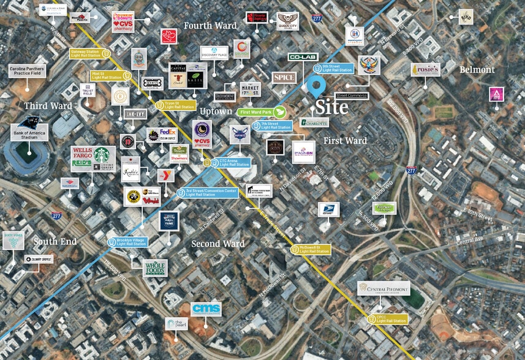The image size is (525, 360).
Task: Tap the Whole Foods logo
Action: (155, 268)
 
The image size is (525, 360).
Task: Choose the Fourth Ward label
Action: (210, 26)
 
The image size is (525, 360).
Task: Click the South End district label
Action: (55, 241)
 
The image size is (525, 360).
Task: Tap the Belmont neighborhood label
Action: (477, 70)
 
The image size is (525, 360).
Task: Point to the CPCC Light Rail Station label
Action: (390, 318)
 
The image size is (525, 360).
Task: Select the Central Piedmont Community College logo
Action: (383, 288)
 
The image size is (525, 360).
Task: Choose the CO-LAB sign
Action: (303, 57)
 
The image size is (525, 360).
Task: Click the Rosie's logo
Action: (425, 70)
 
